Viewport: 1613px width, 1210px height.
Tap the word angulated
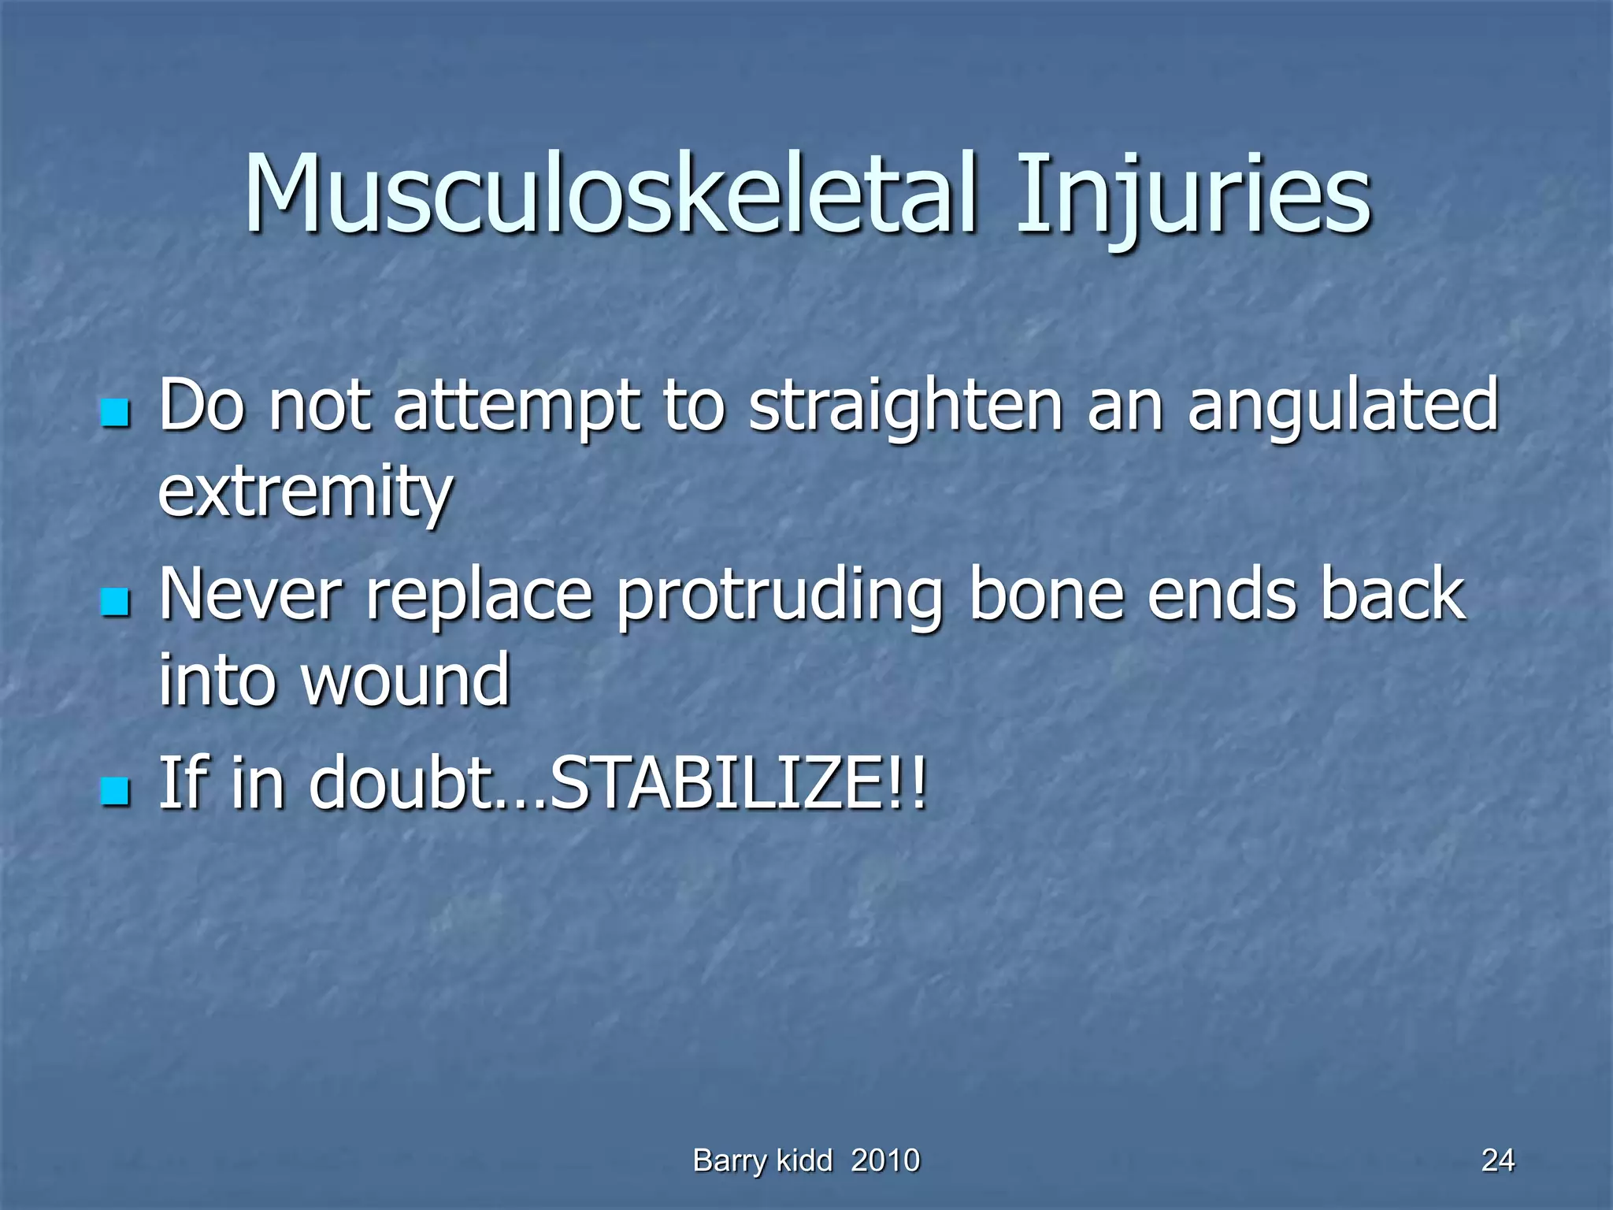[1342, 407]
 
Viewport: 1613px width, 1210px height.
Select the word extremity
[306, 493]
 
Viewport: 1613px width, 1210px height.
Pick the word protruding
[780, 599]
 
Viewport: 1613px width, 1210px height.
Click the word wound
[406, 680]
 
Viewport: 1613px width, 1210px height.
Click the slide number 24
[1497, 1160]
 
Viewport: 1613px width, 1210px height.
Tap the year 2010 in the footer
[885, 1160]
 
